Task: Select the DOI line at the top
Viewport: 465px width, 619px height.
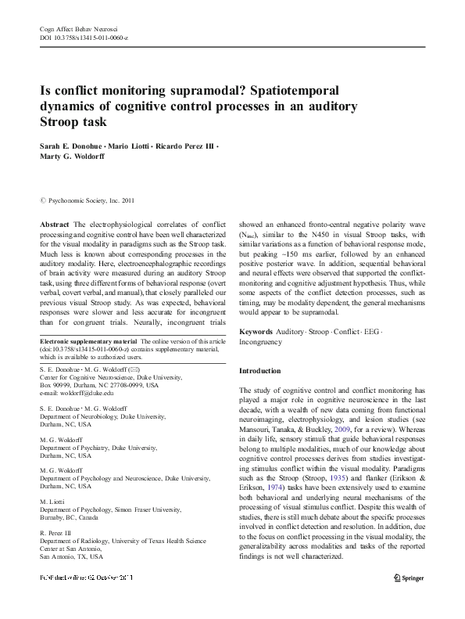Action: (84, 38)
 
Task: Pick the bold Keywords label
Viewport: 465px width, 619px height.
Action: (256, 332)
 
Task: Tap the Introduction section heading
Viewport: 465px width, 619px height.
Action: (259, 370)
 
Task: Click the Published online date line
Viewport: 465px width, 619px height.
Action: (86, 578)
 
